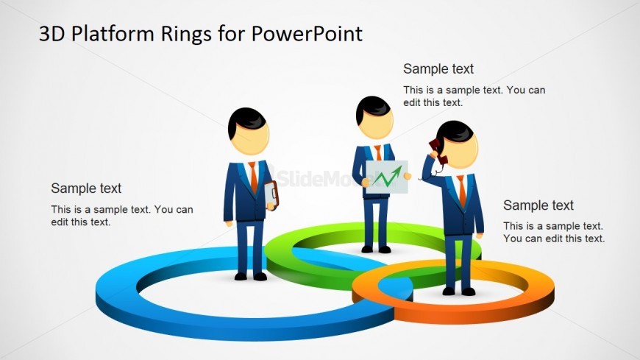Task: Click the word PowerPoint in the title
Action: click(307, 34)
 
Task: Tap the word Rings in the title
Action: click(186, 35)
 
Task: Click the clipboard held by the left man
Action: click(271, 195)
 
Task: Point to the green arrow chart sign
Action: click(386, 177)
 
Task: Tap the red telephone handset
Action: click(438, 151)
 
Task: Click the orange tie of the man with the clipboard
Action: click(254, 177)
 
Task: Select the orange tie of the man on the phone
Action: click(462, 190)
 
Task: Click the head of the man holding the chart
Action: click(374, 117)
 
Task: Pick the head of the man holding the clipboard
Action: click(248, 131)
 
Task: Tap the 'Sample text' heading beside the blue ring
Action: click(86, 188)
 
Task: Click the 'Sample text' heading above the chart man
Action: click(438, 69)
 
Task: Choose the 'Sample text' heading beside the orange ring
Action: click(538, 205)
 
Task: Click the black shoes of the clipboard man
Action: click(251, 277)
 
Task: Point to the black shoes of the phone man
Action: click(459, 292)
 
